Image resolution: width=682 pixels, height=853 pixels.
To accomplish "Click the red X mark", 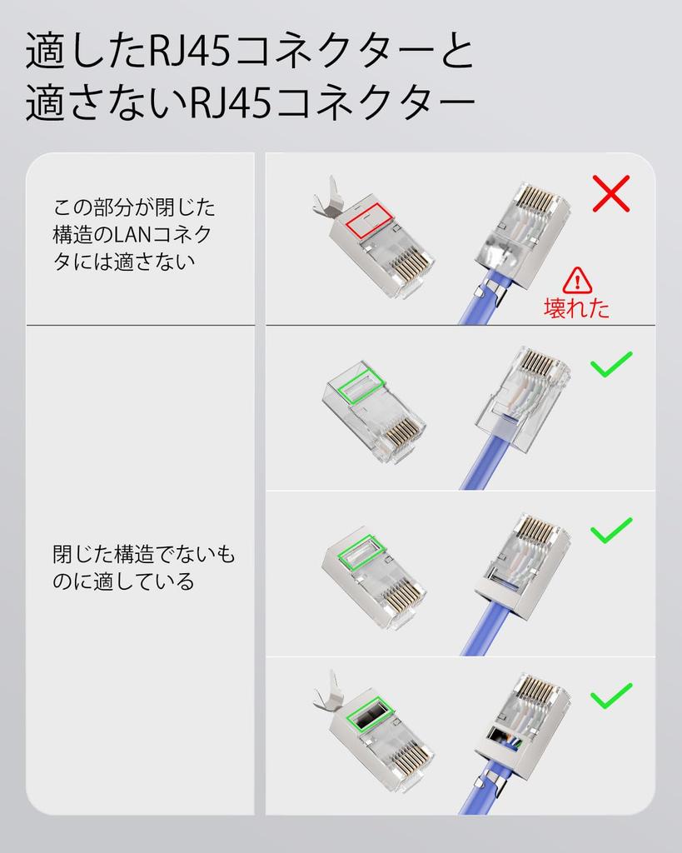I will point(610,194).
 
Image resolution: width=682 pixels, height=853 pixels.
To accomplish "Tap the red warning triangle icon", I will point(577,280).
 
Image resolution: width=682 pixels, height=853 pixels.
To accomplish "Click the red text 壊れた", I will point(576,308).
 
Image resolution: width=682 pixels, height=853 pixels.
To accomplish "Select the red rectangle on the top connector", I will point(369,219).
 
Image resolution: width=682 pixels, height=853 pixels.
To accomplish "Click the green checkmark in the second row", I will point(610,364).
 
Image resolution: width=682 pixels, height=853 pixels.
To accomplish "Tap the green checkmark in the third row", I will point(610,530).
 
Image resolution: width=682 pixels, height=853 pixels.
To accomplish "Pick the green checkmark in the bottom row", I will point(610,696).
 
